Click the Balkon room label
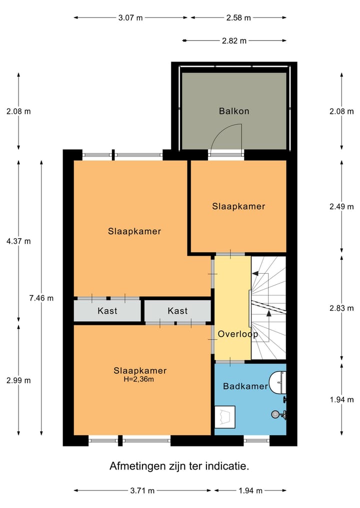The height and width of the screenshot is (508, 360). pos(234,111)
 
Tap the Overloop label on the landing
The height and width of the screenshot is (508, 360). pos(237,334)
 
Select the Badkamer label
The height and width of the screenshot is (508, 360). pos(245,386)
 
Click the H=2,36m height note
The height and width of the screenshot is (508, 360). pos(139,379)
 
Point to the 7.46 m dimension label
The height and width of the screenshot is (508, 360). pos(41,298)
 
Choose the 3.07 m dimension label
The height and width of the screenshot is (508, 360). pos(130,18)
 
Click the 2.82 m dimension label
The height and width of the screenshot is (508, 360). pos(234,41)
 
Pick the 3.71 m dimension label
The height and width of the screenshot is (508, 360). pos(142,491)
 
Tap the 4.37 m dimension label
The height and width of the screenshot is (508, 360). pos(18,241)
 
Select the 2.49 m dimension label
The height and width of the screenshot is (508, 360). pos(341,206)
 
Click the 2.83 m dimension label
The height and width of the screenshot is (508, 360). pos(341,308)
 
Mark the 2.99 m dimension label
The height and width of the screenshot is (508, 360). pos(18,380)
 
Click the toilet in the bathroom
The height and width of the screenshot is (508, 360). pos(278,382)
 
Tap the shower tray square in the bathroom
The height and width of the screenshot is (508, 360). pos(225,417)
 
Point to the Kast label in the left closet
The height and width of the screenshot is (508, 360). pos(107,311)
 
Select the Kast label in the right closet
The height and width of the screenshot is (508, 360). pos(177,311)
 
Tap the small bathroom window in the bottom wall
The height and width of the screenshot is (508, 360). pos(256,441)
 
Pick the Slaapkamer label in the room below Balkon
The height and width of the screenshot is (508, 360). pos(238,206)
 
